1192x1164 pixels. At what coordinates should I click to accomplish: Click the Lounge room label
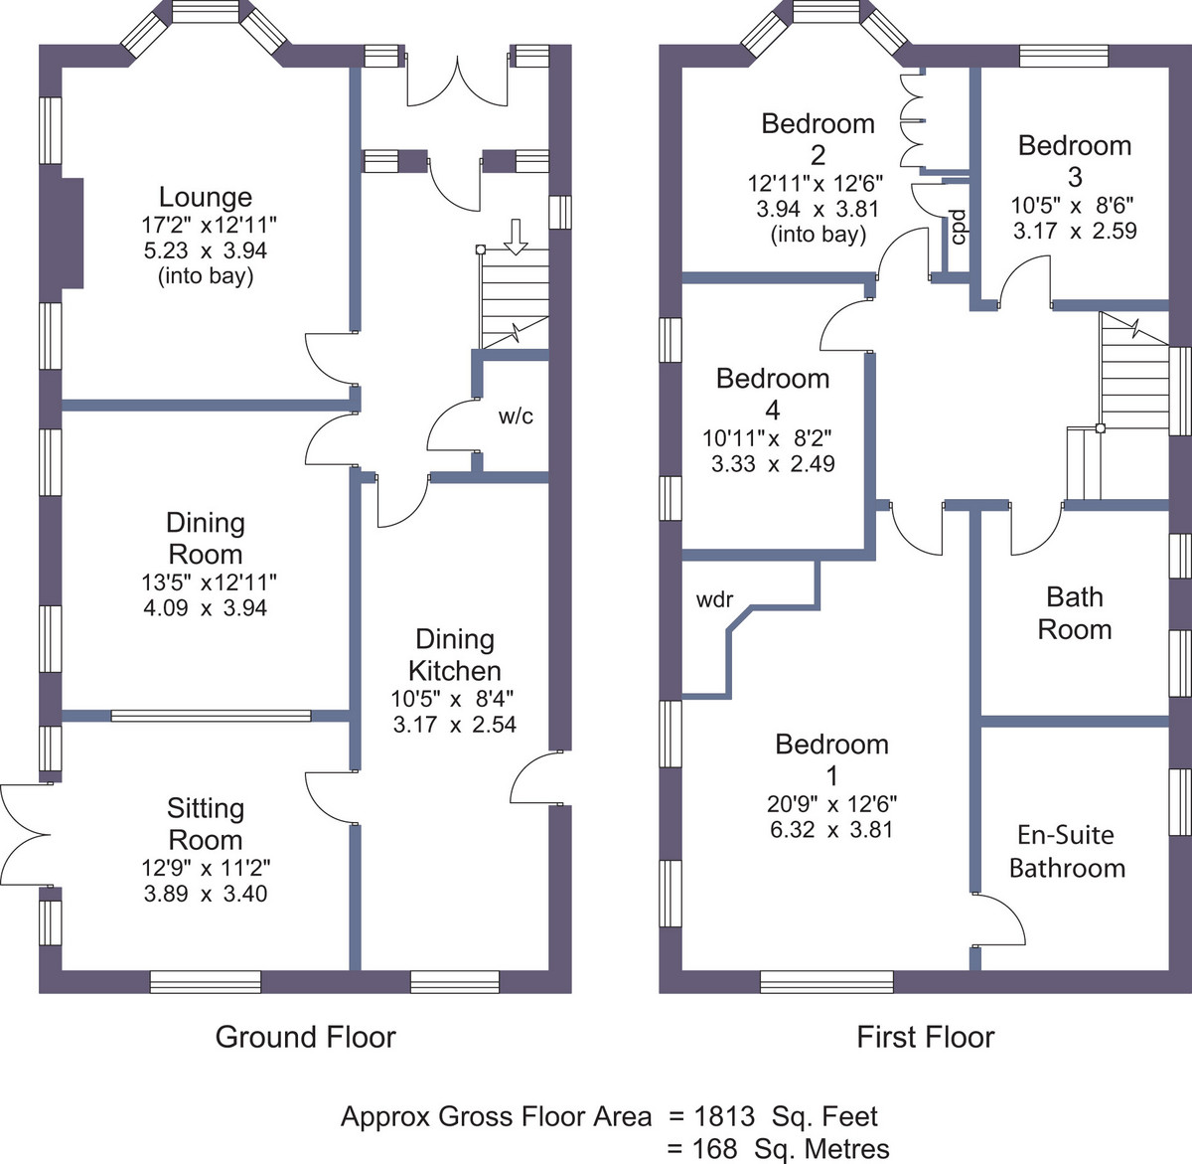click(206, 198)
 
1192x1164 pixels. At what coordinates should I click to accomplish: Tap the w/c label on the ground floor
click(516, 416)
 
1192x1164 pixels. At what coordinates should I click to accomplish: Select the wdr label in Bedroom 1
click(714, 599)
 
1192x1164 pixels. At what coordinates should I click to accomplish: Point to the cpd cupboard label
click(958, 227)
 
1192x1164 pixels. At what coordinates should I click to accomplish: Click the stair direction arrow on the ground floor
click(516, 237)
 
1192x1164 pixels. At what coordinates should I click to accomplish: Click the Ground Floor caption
click(306, 1037)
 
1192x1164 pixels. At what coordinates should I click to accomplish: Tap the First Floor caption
click(925, 1037)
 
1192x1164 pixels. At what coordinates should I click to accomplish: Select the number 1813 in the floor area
click(723, 1116)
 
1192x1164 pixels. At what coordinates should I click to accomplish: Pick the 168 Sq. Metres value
click(790, 1148)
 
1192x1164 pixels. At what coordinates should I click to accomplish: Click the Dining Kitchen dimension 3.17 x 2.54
click(455, 725)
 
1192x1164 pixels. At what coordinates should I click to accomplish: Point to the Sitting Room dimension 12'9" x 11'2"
click(206, 868)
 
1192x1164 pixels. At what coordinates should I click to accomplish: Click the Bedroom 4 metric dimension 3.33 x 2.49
click(773, 463)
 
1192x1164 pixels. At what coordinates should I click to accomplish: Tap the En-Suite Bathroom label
click(1067, 852)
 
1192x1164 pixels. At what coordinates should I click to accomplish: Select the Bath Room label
click(1075, 613)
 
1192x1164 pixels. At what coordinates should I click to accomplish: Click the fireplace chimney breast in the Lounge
click(72, 233)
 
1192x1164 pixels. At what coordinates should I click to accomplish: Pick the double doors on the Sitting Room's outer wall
click(26, 834)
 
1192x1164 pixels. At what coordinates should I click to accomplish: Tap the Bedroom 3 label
click(1075, 161)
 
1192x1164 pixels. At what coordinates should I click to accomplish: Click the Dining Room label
click(206, 538)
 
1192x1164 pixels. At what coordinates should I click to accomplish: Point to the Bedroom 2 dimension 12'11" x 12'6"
click(816, 183)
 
